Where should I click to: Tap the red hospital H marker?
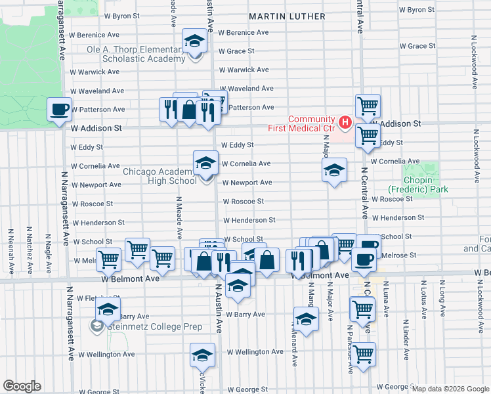pyautogui.click(x=344, y=122)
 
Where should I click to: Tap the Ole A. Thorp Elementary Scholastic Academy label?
pyautogui.click(x=137, y=54)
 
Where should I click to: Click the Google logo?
pyautogui.click(x=22, y=387)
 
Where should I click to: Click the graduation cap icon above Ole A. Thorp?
pyautogui.click(x=194, y=42)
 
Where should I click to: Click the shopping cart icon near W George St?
pyautogui.click(x=363, y=355)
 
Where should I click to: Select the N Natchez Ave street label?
pyautogui.click(x=30, y=242)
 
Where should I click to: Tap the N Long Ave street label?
pyautogui.click(x=443, y=293)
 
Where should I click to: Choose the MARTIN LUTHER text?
pyautogui.click(x=288, y=16)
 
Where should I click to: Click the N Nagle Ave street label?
pyautogui.click(x=48, y=242)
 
